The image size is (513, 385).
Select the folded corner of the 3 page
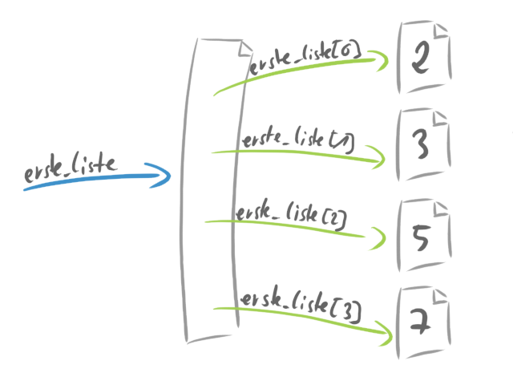[440, 120]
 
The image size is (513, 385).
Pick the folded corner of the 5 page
[442, 211]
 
